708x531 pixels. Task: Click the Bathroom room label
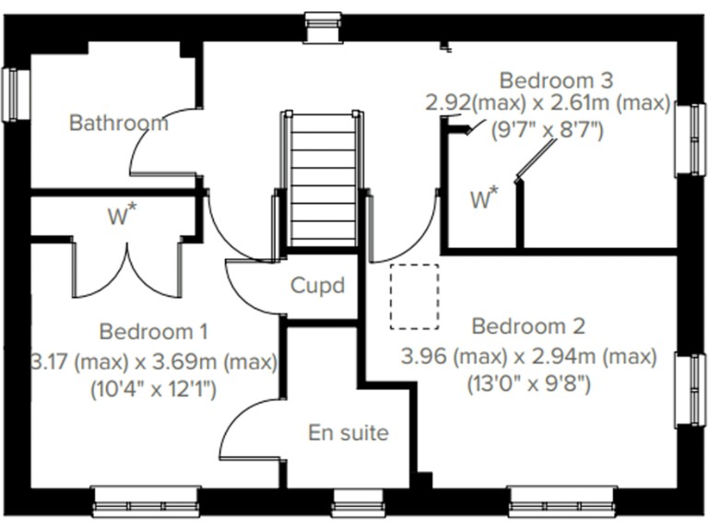pyautogui.click(x=119, y=122)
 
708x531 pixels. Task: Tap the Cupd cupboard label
pyautogui.click(x=317, y=285)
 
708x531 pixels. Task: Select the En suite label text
pyautogui.click(x=348, y=432)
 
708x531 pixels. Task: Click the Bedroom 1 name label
pyautogui.click(x=153, y=331)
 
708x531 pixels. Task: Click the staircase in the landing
pyautogui.click(x=320, y=180)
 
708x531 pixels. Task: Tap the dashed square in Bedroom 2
pyautogui.click(x=413, y=296)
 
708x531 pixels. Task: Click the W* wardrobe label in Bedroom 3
pyautogui.click(x=484, y=198)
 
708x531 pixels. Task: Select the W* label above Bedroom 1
pyautogui.click(x=122, y=217)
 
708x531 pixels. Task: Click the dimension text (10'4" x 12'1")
pyautogui.click(x=153, y=389)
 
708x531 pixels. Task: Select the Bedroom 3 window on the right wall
pyautogui.click(x=690, y=139)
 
